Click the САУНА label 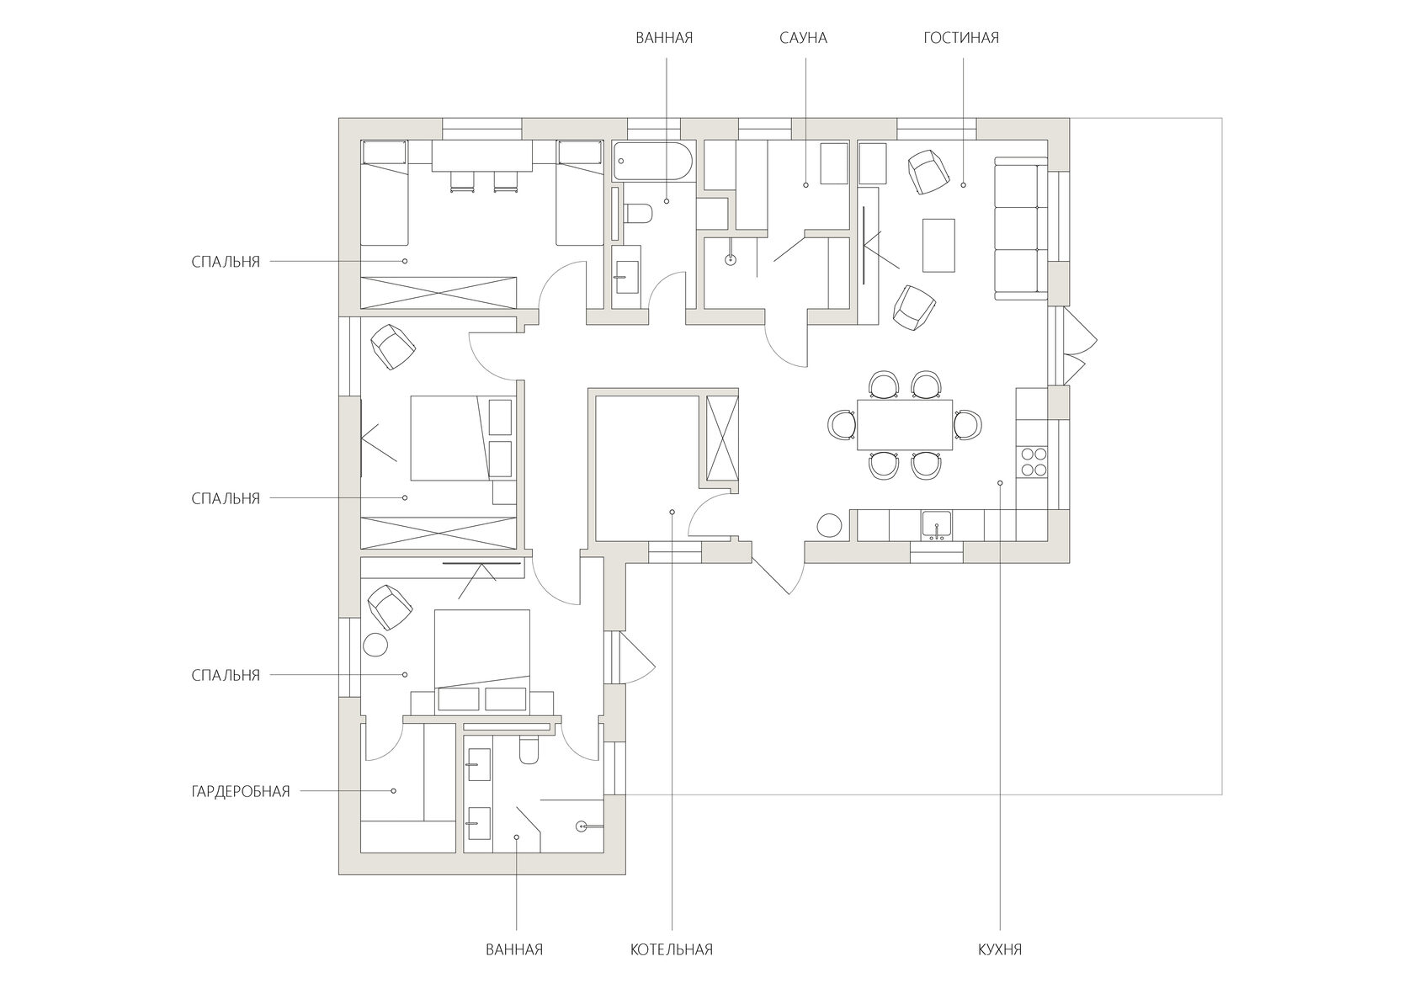tap(803, 38)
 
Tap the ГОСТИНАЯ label tap(961, 38)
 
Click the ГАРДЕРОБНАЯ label tap(241, 791)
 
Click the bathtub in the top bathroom tap(653, 162)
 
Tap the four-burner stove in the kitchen tap(1032, 461)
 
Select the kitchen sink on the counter tap(937, 526)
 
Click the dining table tap(905, 425)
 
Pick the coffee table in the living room tap(938, 245)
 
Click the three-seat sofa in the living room tap(1017, 228)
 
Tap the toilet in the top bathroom tap(638, 213)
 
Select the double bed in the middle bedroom tap(463, 438)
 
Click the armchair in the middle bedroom tap(392, 347)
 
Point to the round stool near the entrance tap(829, 525)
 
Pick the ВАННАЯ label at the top tap(664, 38)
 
